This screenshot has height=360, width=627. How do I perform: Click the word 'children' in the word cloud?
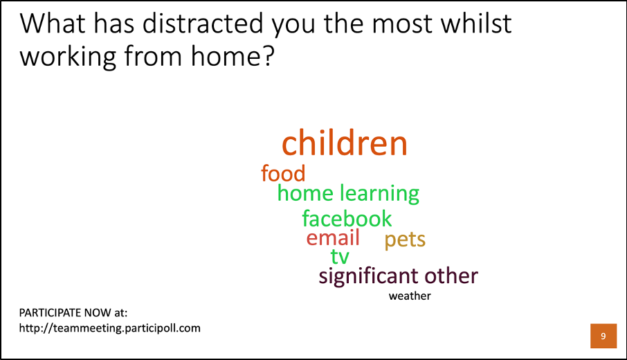pyautogui.click(x=344, y=143)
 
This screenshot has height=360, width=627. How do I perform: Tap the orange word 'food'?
pyautogui.click(x=283, y=173)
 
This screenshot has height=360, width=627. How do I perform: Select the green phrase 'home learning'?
pyautogui.click(x=348, y=194)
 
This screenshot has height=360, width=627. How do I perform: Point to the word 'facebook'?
pyautogui.click(x=347, y=218)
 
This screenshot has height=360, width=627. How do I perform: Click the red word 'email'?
pyautogui.click(x=333, y=237)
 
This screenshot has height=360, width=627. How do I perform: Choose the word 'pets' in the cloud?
pyautogui.click(x=405, y=240)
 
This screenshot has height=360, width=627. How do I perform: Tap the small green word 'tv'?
pyautogui.click(x=340, y=256)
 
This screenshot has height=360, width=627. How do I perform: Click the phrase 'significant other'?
pyautogui.click(x=398, y=276)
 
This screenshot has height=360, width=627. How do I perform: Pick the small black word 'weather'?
pyautogui.click(x=410, y=296)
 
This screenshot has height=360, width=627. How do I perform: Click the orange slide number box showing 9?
pyautogui.click(x=603, y=336)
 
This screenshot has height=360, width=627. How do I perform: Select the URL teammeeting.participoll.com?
pyautogui.click(x=109, y=328)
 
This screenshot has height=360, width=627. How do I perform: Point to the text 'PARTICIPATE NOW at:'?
pyautogui.click(x=73, y=312)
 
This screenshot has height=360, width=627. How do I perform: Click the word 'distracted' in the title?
pyautogui.click(x=203, y=24)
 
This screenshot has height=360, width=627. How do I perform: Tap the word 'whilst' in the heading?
pyautogui.click(x=476, y=24)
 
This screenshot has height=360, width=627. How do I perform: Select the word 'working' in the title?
pyautogui.click(x=68, y=57)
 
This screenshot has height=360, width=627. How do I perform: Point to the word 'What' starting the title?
pyautogui.click(x=53, y=24)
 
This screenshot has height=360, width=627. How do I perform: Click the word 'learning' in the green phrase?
pyautogui.click(x=379, y=194)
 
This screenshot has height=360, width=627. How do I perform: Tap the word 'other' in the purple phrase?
pyautogui.click(x=451, y=276)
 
